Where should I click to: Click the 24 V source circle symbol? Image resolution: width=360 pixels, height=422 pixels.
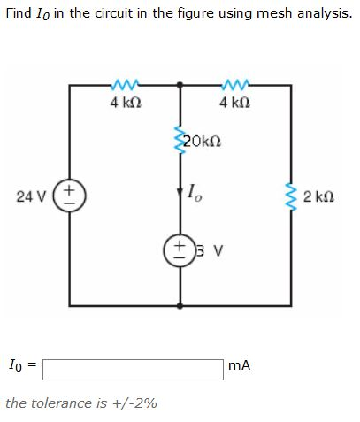[71, 195]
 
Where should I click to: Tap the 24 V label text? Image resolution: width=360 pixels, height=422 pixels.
[33, 196]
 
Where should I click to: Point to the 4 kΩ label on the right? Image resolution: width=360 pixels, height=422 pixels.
[234, 103]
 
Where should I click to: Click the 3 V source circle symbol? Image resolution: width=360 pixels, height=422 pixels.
[181, 248]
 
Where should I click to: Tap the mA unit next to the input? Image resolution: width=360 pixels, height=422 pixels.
[240, 364]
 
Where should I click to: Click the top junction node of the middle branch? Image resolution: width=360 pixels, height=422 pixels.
[181, 86]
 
